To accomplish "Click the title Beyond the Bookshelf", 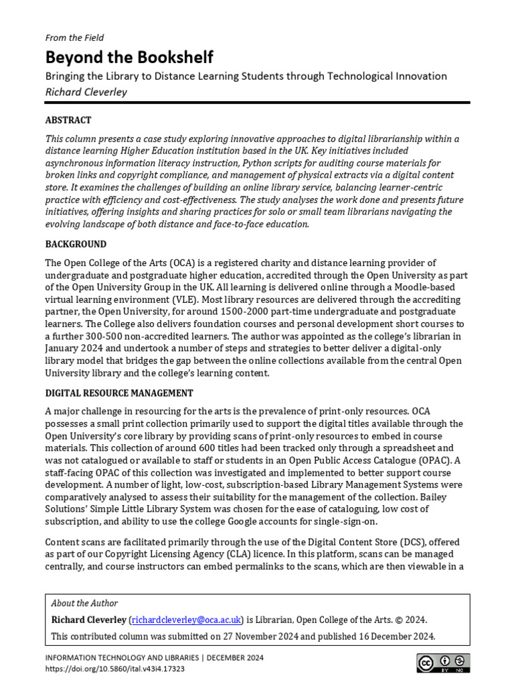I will point(129,57).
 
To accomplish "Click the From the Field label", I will point(74,38).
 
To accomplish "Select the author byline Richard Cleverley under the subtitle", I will point(86,91).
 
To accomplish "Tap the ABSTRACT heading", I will point(68,121).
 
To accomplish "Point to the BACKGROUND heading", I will point(76,245).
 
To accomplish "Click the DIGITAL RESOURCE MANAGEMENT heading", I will point(119,393).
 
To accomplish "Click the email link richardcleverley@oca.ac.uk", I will point(185,620).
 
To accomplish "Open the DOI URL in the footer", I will point(115,669).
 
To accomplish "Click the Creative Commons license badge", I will point(443,663).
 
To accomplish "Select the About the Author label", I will point(84,604).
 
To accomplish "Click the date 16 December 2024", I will point(395,636).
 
